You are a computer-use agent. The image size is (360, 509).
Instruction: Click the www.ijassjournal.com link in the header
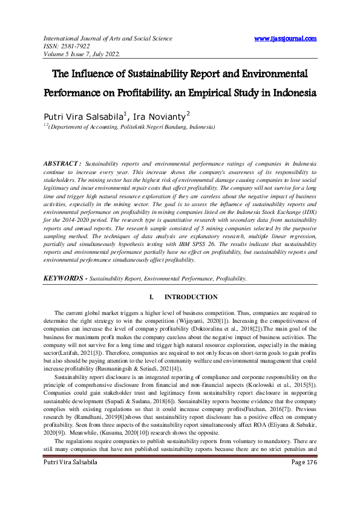[x=285, y=39]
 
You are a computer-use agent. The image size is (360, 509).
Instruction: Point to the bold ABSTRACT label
[x=63, y=164]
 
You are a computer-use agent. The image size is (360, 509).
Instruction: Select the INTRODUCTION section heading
[x=191, y=297]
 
